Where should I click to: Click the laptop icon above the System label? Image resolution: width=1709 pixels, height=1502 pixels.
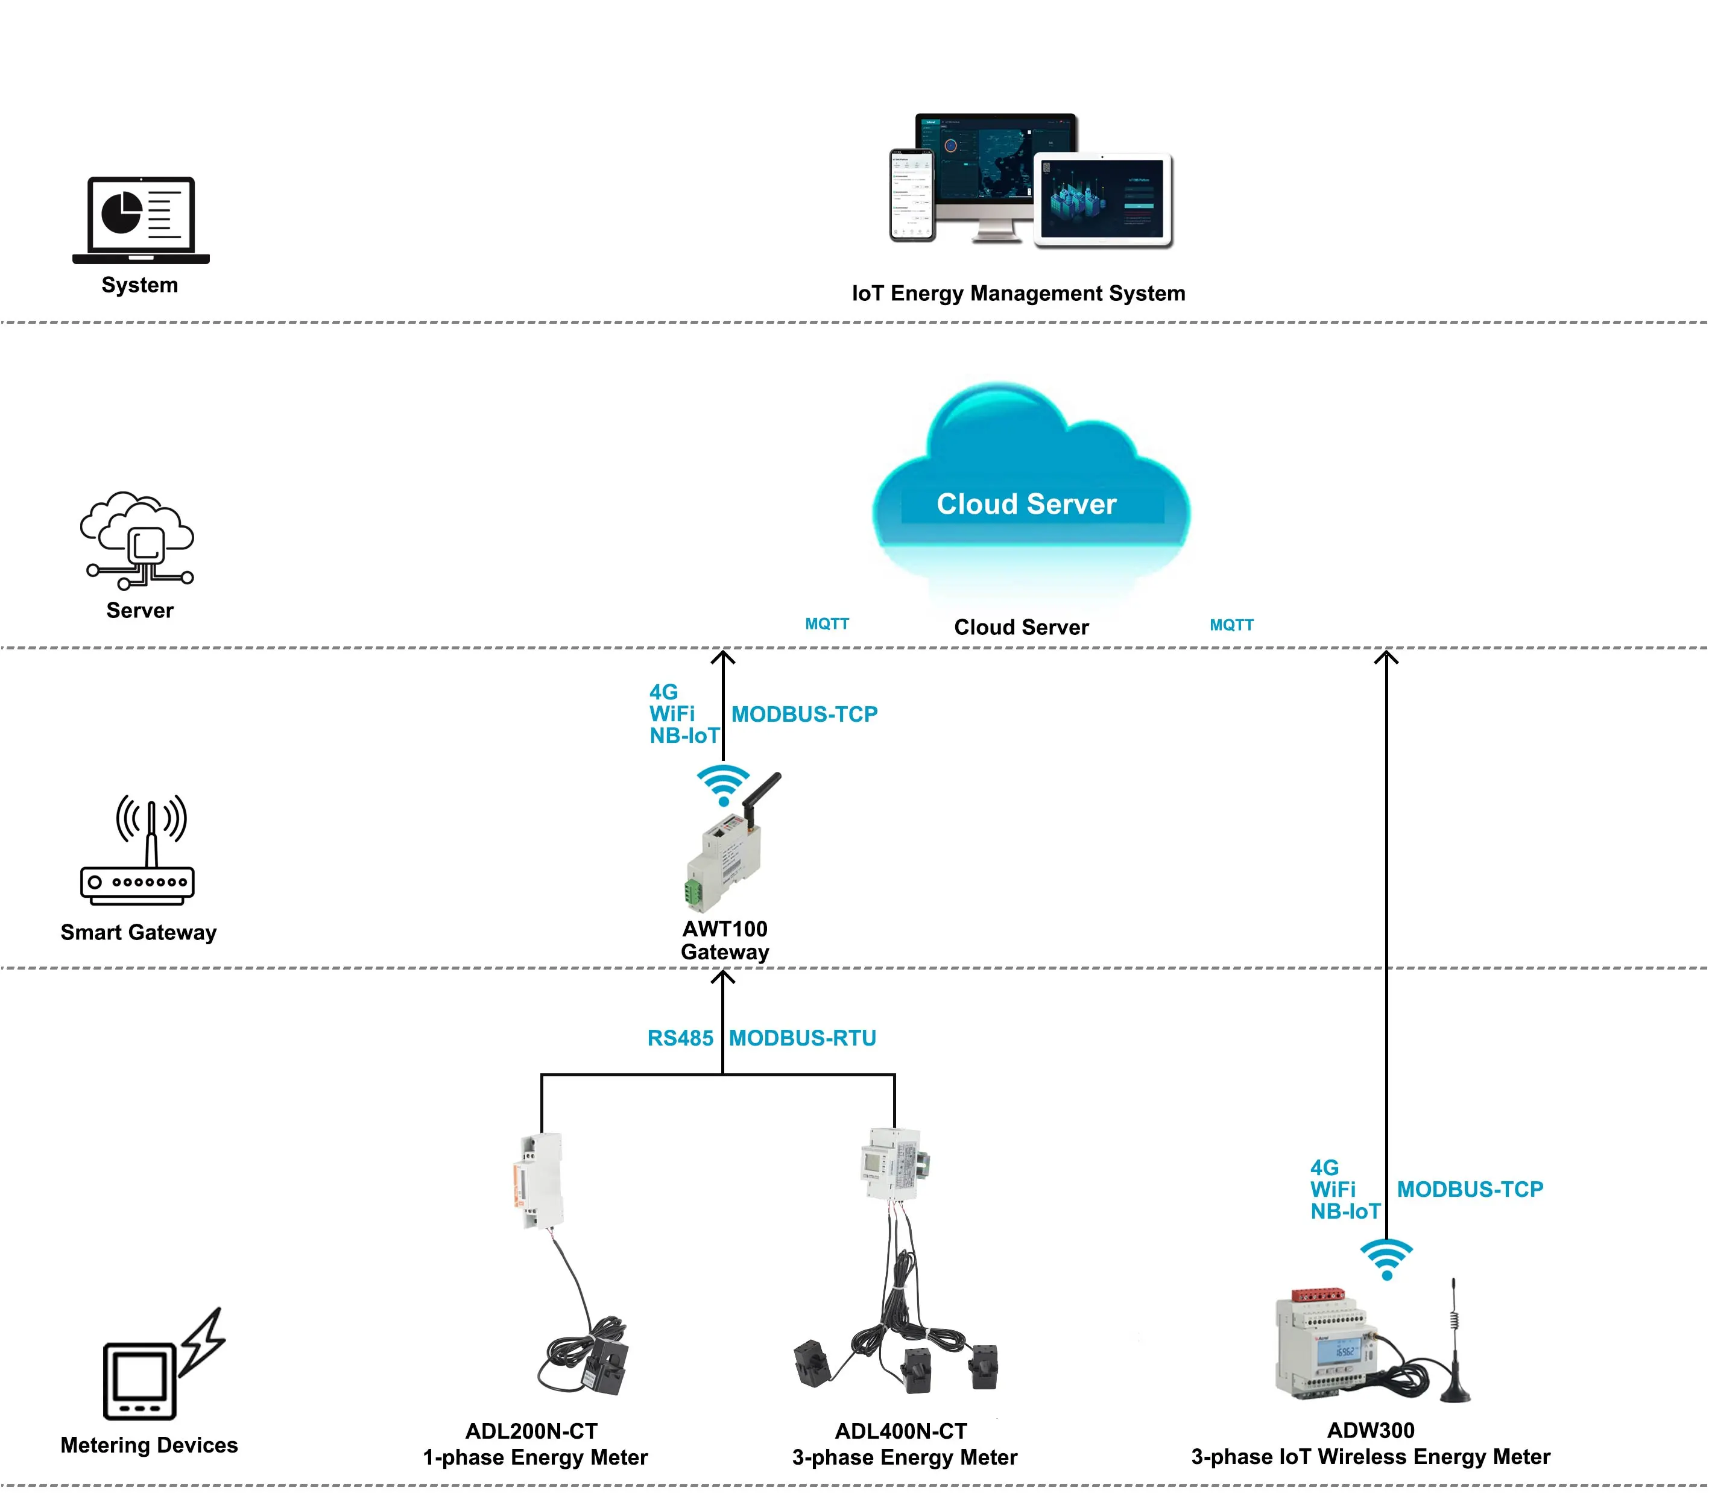[141, 219]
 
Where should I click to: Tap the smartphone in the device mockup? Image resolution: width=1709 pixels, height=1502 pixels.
[911, 195]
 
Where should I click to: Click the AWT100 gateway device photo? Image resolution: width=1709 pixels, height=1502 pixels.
[725, 861]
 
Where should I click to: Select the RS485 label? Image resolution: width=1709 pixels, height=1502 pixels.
[680, 1038]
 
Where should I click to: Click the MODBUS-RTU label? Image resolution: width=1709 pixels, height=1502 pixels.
[802, 1038]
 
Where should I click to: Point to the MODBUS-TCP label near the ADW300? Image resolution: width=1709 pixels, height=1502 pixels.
[1470, 1190]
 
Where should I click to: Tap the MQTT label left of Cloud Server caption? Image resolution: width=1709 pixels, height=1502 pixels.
[827, 623]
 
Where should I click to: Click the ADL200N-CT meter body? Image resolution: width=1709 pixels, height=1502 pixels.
[538, 1181]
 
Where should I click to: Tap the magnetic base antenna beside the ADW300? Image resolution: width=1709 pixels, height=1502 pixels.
[1455, 1346]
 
